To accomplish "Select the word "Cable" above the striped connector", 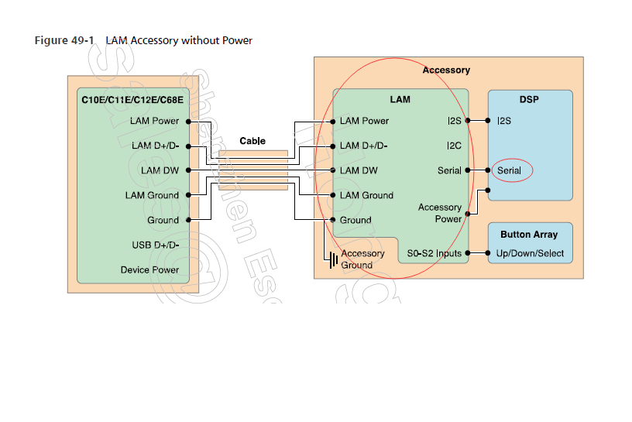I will [252, 141].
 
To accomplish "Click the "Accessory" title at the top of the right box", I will [446, 70].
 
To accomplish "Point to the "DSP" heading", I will [530, 100].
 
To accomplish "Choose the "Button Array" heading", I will [529, 235].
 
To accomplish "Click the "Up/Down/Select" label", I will [531, 253].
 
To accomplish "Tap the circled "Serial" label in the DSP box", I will [510, 170].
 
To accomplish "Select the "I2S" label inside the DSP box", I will [504, 121].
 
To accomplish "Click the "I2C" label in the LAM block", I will [454, 146].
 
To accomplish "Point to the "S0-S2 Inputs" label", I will [434, 253].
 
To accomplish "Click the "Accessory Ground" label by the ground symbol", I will [362, 259].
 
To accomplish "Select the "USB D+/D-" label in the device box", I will [156, 245].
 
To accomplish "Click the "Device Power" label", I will [149, 270].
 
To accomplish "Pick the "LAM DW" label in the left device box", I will [160, 170].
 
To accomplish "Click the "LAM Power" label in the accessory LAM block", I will [364, 121].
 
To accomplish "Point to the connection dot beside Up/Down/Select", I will [488, 253].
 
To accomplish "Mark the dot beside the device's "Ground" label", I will [188, 220].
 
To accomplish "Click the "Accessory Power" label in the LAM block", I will [440, 213].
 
